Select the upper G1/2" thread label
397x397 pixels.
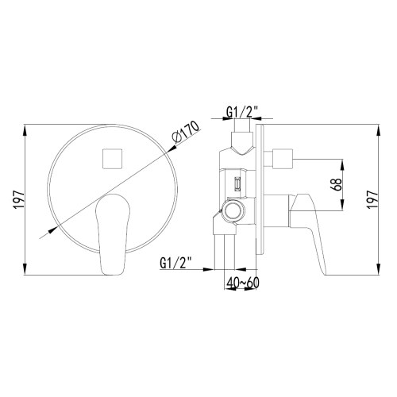pyautogui.click(x=241, y=111)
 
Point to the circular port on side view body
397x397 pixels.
pyautogui.click(x=234, y=210)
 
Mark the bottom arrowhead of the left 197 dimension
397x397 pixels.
pyautogui.click(x=29, y=269)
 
